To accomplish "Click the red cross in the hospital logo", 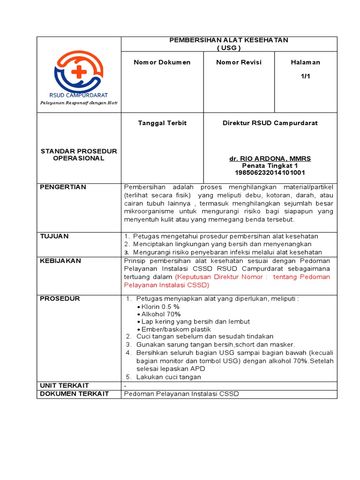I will tap(79, 72).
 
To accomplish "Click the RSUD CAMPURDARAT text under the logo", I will tap(78, 95).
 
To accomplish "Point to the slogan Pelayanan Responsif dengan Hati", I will tap(79, 103).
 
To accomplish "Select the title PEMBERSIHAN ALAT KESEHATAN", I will tap(229, 40).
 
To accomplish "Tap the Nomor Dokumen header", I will tap(162, 62).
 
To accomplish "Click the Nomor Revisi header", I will tap(239, 62).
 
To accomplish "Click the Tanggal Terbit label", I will tap(162, 123).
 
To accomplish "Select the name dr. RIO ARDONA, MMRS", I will tap(270, 159).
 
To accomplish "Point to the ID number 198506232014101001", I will tap(270, 172).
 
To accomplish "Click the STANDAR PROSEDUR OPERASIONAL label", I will tap(79, 155).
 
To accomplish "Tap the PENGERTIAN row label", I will tap(63, 187).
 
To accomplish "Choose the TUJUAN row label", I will tap(54, 236).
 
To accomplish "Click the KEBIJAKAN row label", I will tap(60, 261).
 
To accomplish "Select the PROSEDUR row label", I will tap(60, 299).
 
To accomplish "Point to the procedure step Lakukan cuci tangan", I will tap(168, 377).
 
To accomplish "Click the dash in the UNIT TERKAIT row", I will tap(125, 385).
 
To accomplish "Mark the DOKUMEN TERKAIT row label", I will tap(75, 394).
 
